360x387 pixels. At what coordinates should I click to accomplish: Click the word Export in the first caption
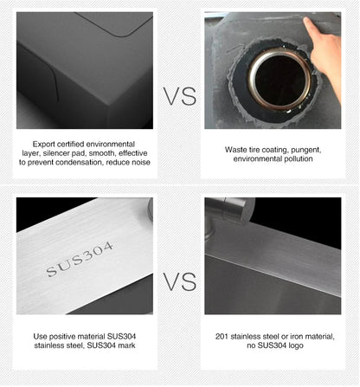[44, 145]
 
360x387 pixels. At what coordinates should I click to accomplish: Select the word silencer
[55, 153]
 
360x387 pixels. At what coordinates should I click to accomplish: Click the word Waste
[235, 150]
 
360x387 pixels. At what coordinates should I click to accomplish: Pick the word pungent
[306, 151]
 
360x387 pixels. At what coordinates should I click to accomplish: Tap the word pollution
[299, 159]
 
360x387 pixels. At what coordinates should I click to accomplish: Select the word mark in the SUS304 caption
[126, 345]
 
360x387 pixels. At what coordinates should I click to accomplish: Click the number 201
[222, 337]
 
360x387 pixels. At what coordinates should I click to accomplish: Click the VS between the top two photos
[180, 96]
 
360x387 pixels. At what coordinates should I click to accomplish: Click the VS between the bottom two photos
[180, 281]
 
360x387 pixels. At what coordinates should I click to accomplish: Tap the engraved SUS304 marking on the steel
[79, 259]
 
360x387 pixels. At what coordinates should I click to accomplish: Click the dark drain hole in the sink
[280, 80]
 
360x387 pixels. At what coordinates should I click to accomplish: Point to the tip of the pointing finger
[305, 19]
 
